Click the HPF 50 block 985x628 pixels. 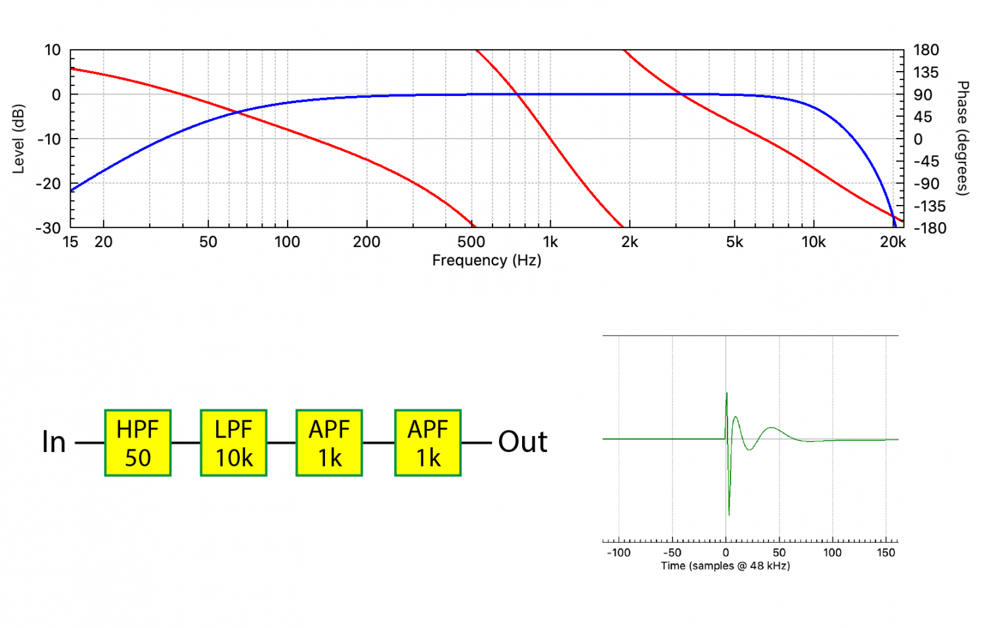[x=138, y=443]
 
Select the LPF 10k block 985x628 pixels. [x=234, y=443]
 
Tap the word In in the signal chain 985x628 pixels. [x=54, y=442]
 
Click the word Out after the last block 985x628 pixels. [x=523, y=442]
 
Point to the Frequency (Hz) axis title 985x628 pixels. [x=487, y=260]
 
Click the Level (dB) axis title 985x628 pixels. [x=18, y=139]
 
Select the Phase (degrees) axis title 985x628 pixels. [x=963, y=138]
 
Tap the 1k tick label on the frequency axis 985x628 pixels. [x=550, y=242]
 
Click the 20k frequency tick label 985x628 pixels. [x=892, y=242]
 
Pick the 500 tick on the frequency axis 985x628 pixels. [x=471, y=242]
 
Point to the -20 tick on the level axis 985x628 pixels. [x=48, y=184]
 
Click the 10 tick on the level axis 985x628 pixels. [x=53, y=50]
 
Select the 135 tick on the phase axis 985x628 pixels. [x=926, y=72]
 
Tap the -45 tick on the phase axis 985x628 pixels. [x=927, y=162]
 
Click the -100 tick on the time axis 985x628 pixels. [x=619, y=552]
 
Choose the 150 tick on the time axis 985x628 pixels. [x=886, y=552]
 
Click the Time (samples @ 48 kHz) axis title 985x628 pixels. [x=726, y=566]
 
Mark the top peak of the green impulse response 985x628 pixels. [x=727, y=393]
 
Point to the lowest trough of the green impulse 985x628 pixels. [x=729, y=514]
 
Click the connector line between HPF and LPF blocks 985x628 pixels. [x=186, y=443]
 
